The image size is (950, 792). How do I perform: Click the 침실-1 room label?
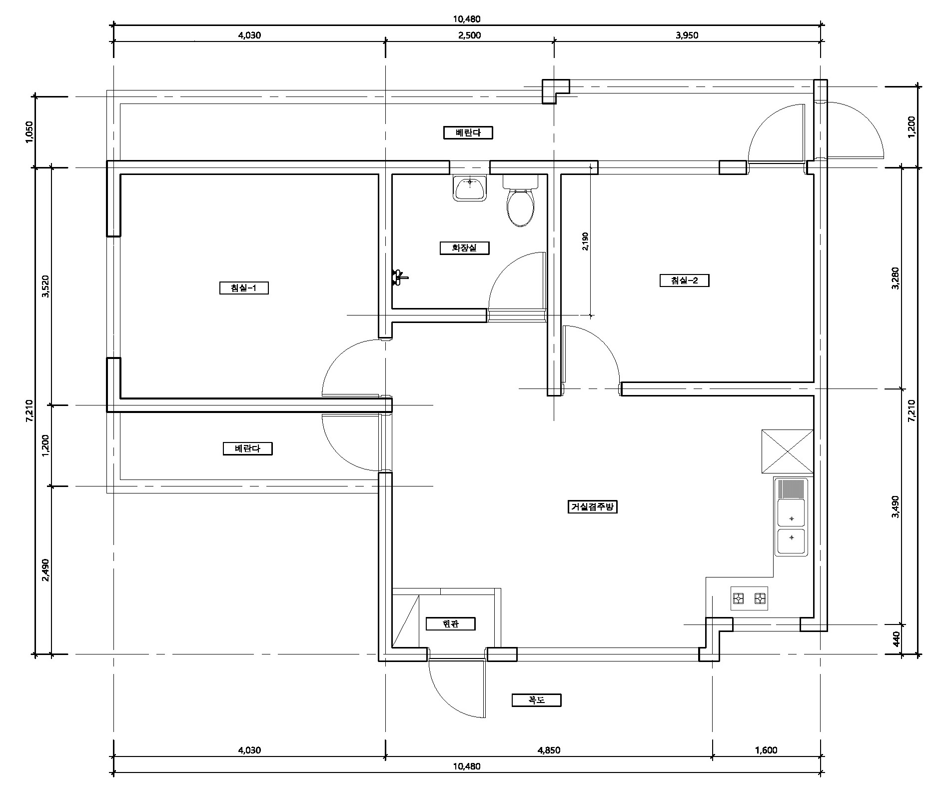[244, 288]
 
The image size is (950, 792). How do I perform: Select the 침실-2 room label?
[684, 280]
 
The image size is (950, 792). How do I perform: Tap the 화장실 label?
[464, 248]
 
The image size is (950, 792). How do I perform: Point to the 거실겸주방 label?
[593, 507]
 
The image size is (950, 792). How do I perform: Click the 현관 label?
[450, 624]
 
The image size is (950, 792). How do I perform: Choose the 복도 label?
[536, 700]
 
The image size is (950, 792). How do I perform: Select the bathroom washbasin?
[470, 188]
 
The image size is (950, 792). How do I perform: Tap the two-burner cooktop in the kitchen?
[749, 598]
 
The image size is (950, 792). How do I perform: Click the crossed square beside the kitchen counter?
[787, 451]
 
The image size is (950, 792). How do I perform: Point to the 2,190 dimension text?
[586, 241]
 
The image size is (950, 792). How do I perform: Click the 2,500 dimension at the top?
[470, 35]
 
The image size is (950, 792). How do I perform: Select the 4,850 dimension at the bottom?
[549, 750]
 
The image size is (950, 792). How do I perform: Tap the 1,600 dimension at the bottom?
[766, 750]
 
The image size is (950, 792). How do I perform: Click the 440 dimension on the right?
[896, 639]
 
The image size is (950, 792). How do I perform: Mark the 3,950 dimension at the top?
[687, 35]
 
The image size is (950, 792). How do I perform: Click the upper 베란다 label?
[468, 132]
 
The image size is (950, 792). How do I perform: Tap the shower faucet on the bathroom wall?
[400, 276]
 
